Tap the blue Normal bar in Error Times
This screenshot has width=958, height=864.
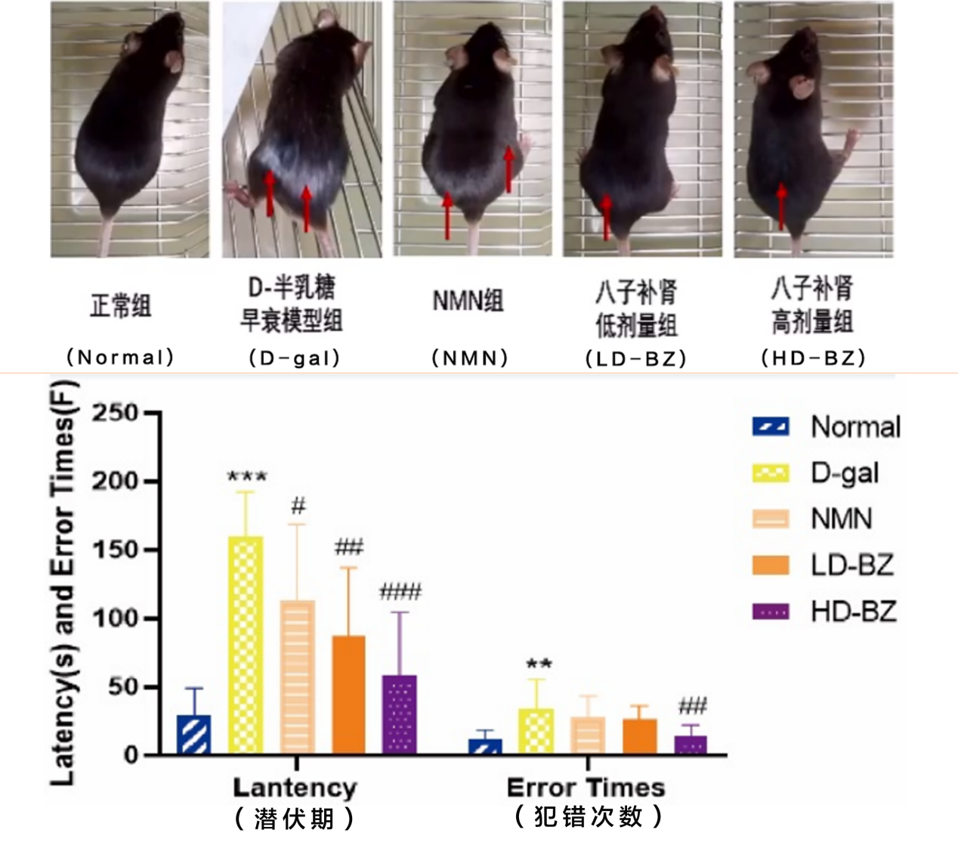[x=485, y=747]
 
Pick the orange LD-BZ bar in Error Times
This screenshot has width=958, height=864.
[x=640, y=737]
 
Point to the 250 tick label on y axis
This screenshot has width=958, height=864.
[x=115, y=413]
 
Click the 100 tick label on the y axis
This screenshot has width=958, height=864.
[x=115, y=618]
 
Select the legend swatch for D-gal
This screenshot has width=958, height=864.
[x=771, y=473]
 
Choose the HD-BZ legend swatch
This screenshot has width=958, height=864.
[x=771, y=611]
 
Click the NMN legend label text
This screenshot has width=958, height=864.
[x=842, y=519]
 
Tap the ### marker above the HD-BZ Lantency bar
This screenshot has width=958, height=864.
[x=400, y=592]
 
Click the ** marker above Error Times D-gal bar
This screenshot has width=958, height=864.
[x=539, y=664]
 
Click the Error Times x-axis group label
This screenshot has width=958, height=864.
[x=586, y=788]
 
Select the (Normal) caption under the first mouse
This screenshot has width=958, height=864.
[x=121, y=357]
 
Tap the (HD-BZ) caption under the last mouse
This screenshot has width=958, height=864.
[x=814, y=357]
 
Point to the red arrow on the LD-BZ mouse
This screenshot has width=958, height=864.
[x=607, y=216]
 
